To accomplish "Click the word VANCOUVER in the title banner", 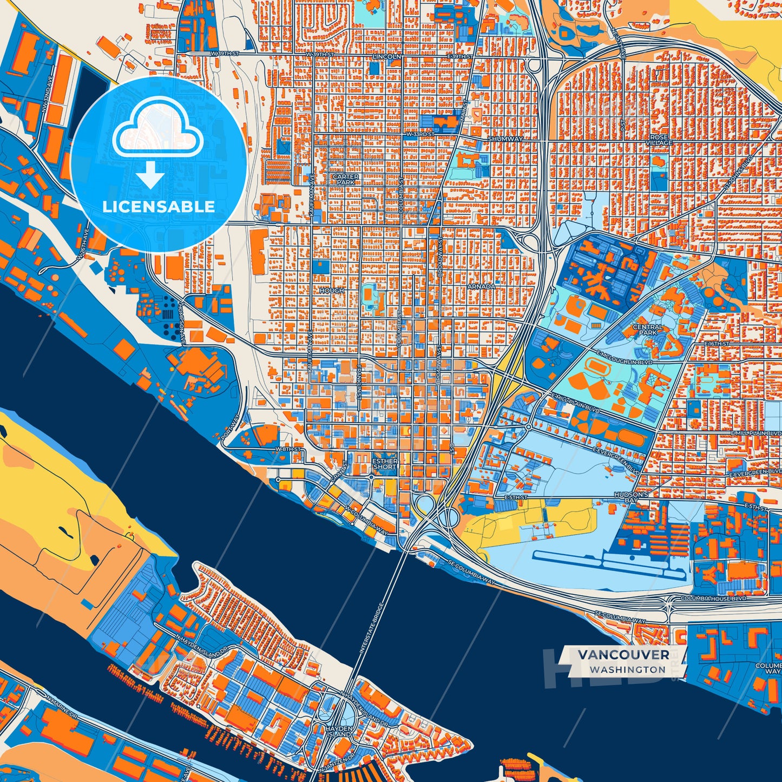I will [x=623, y=654].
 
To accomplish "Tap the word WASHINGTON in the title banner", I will [x=627, y=669].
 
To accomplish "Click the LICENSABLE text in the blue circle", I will [x=159, y=207].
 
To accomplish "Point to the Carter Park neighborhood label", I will [x=345, y=180].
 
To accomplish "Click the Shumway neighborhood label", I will [x=505, y=139].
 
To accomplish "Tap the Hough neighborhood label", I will [x=332, y=291].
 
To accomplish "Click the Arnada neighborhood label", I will [x=481, y=286].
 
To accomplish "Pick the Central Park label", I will [x=647, y=330].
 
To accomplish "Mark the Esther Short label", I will [x=385, y=464].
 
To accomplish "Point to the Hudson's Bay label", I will [x=631, y=498].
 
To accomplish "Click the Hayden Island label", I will [x=339, y=732].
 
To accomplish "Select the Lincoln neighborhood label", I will [x=387, y=56].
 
